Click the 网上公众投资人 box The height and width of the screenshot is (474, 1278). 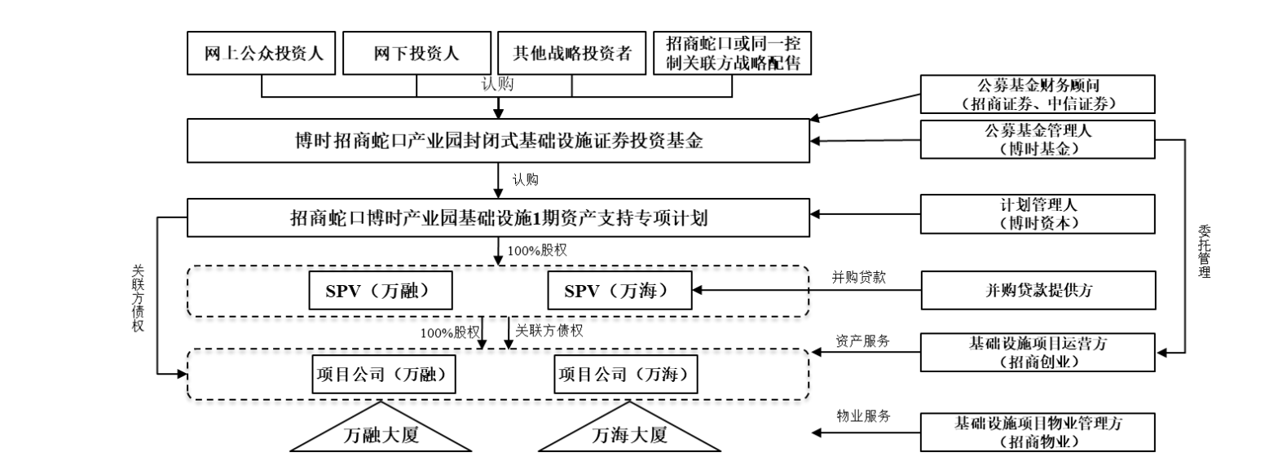point(263,54)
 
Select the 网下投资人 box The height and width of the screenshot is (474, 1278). point(416,54)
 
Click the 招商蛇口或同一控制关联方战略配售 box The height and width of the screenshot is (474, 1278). point(733,54)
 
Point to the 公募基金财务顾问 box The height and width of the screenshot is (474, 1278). point(1038,94)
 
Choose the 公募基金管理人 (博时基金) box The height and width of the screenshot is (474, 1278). point(1038,139)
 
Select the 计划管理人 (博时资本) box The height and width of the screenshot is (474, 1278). point(1038,213)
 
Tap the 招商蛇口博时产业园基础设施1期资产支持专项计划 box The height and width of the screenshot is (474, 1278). point(499,217)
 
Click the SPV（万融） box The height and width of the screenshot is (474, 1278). point(381,291)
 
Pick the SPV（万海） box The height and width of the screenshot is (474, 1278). point(619,291)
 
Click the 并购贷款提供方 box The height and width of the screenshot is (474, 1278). point(1038,291)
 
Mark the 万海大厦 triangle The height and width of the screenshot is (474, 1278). point(629,434)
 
